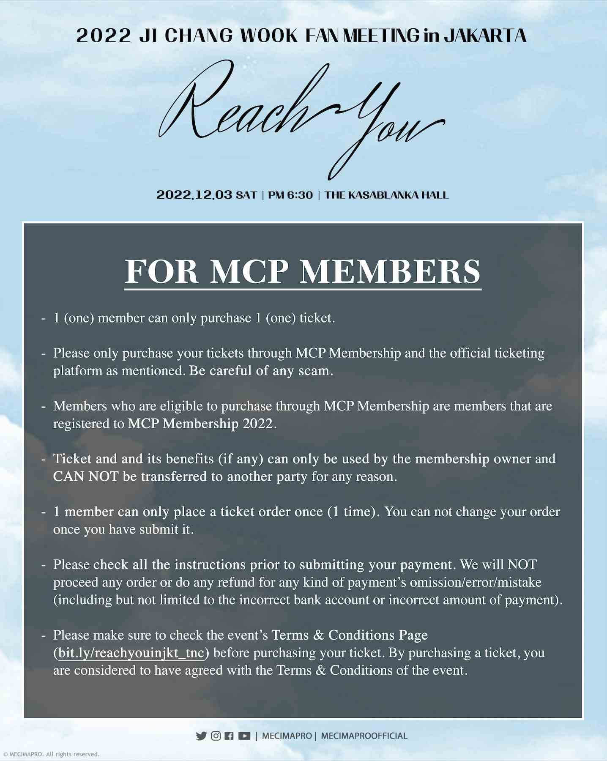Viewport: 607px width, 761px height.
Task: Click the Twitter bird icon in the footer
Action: click(201, 736)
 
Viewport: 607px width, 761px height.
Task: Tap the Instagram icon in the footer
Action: click(216, 736)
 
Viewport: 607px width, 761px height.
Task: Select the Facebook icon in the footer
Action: click(229, 736)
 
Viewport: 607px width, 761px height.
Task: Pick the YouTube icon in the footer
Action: click(244, 736)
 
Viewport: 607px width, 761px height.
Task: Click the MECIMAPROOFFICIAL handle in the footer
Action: click(364, 736)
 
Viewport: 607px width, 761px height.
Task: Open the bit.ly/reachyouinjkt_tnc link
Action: click(131, 653)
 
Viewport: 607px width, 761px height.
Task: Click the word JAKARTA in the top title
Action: click(485, 36)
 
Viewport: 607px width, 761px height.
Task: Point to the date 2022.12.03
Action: click(194, 195)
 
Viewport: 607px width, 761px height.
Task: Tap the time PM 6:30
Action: click(290, 195)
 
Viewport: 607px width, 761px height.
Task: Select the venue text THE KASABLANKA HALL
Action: click(386, 195)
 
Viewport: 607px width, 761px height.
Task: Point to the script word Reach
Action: click(237, 106)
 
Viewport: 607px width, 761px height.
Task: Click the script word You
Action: click(380, 127)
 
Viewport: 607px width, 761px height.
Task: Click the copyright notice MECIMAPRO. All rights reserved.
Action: click(52, 754)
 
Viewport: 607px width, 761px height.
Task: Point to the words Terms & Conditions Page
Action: click(350, 635)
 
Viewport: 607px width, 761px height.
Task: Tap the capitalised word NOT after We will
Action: click(522, 565)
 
